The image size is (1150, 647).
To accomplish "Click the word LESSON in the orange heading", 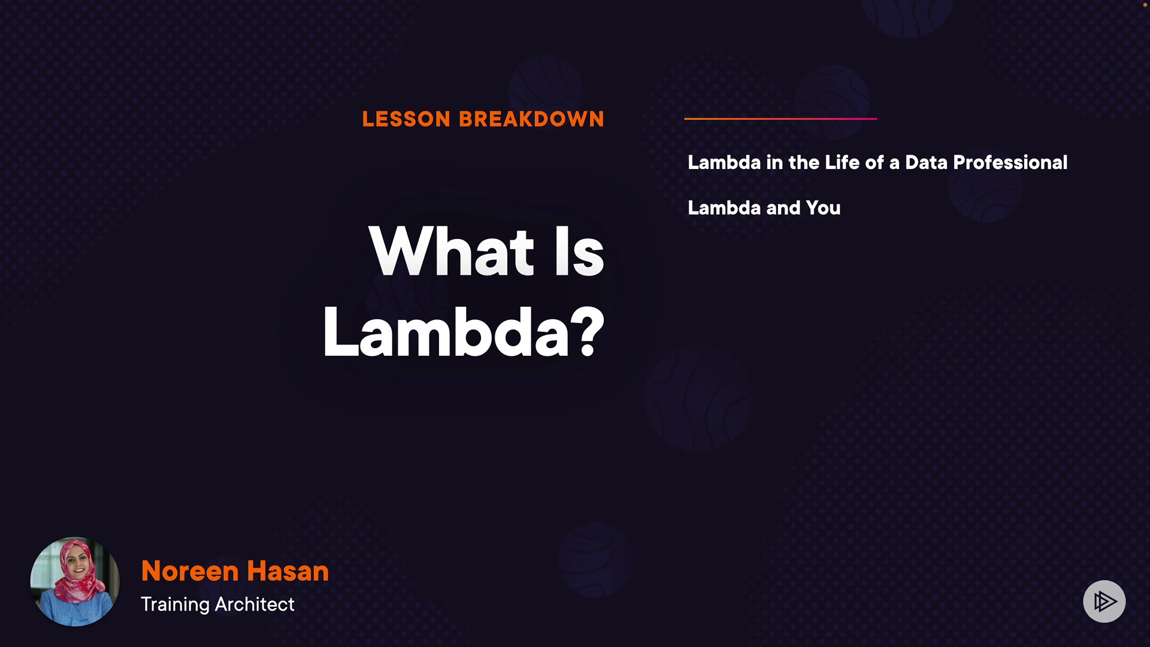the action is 406,119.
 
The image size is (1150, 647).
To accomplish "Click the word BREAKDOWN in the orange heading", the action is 532,119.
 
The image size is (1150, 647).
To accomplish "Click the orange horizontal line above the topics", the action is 780,119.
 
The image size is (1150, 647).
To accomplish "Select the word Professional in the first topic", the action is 1010,162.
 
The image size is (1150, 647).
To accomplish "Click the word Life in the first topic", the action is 842,162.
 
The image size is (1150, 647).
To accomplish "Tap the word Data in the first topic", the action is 927,162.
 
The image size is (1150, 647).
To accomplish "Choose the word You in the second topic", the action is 824,208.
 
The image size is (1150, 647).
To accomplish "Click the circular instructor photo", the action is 75,581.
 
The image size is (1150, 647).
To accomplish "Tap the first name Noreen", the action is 190,571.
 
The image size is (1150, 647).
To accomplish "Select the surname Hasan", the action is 288,571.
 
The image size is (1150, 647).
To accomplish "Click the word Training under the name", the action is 175,604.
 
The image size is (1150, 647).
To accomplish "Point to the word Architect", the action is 255,604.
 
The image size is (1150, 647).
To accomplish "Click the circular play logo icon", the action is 1104,601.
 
